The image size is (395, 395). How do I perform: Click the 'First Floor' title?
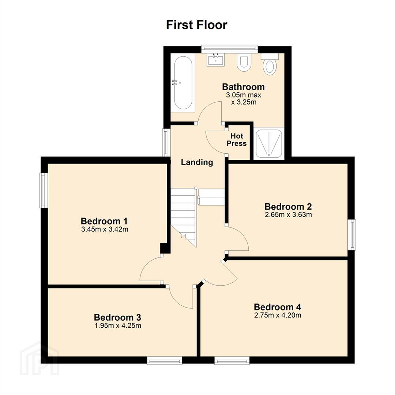click(x=197, y=25)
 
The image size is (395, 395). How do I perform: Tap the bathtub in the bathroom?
click(x=183, y=83)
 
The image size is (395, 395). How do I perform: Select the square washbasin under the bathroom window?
click(x=216, y=60)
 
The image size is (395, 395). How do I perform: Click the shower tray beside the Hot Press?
click(x=269, y=143)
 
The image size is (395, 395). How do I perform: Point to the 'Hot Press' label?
click(x=237, y=140)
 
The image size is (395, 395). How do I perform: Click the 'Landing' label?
click(x=197, y=162)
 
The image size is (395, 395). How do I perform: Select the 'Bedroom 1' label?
click(x=104, y=221)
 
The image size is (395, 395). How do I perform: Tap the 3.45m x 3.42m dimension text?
click(x=105, y=229)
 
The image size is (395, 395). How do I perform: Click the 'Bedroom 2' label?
click(x=288, y=207)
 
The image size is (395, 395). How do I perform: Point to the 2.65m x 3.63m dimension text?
click(x=288, y=215)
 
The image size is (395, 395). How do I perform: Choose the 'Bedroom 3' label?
click(x=117, y=317)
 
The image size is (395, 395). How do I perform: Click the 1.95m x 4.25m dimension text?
click(x=118, y=326)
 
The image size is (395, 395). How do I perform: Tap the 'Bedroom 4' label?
click(x=277, y=307)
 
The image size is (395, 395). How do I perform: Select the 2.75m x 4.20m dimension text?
click(x=278, y=315)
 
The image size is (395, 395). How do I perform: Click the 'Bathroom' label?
click(x=243, y=87)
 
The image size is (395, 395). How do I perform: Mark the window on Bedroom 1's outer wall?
click(x=44, y=190)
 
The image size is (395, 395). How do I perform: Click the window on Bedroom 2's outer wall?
click(x=352, y=235)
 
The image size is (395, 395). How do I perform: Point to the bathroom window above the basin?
click(x=230, y=49)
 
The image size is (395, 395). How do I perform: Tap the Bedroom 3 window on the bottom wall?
click(x=165, y=361)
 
